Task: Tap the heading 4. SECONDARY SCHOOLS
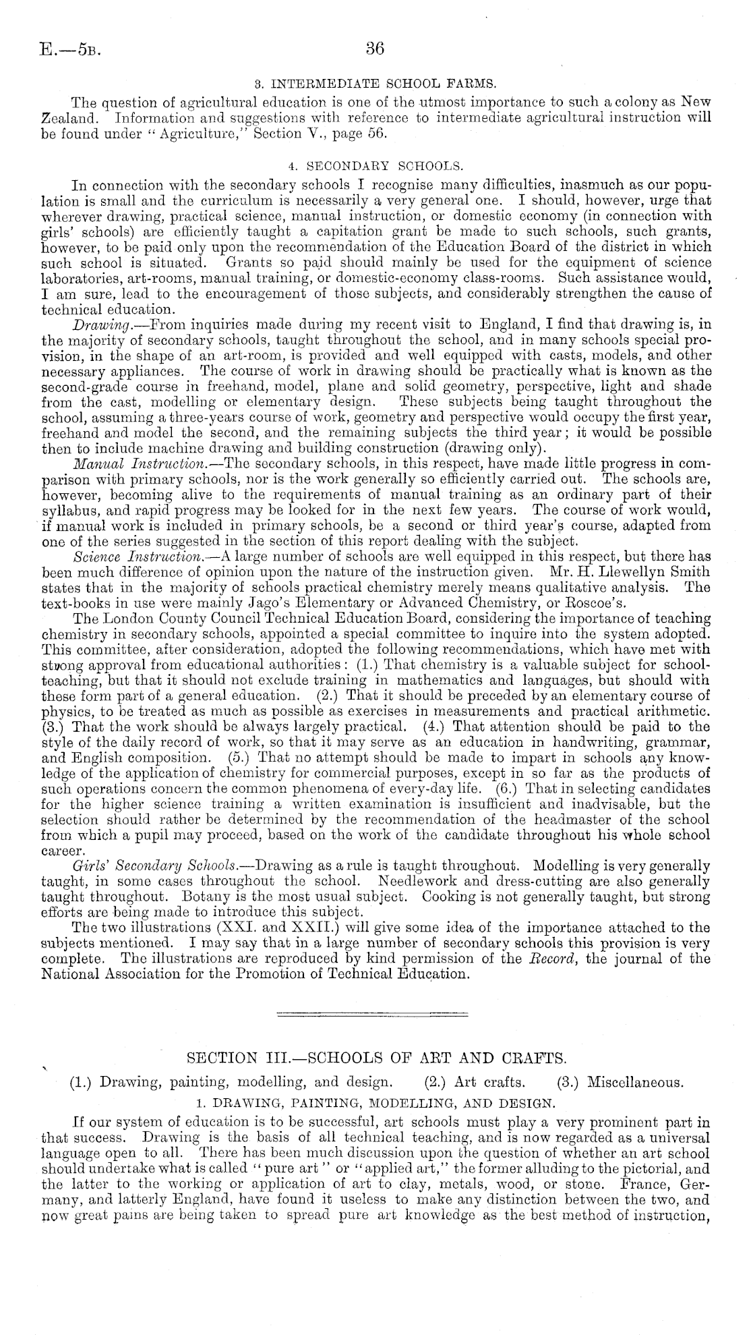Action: click(x=375, y=165)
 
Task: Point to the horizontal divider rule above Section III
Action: click(x=373, y=1014)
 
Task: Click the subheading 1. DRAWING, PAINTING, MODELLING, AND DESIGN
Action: click(x=375, y=1104)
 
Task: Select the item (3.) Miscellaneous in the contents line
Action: click(x=621, y=1083)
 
